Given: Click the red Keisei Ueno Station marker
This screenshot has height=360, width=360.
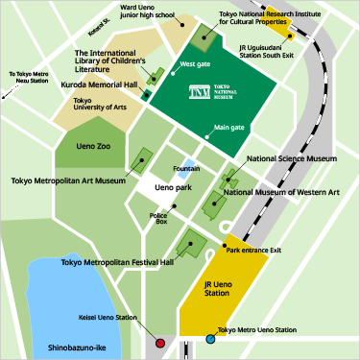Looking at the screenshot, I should (x=160, y=342).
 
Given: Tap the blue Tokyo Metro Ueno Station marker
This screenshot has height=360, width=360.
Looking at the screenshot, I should (x=210, y=339).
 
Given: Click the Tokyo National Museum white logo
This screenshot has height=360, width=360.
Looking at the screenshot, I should (x=200, y=92).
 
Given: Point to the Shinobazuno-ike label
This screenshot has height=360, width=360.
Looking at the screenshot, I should (x=64, y=348).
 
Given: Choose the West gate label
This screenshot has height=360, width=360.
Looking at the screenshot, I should (x=195, y=67).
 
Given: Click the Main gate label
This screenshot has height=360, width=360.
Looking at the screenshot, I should (x=229, y=128).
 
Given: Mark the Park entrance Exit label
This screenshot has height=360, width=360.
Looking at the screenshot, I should (x=253, y=250).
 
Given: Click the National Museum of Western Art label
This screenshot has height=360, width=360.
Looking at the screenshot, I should (x=280, y=192).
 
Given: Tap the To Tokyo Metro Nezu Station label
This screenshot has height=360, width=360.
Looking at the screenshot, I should (x=30, y=78).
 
